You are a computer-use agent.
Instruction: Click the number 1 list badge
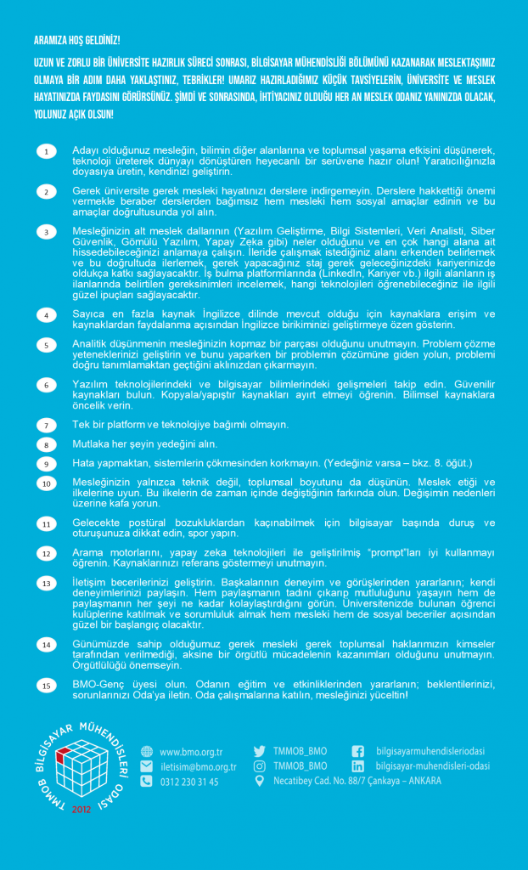47,151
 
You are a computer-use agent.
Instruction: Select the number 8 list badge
47,444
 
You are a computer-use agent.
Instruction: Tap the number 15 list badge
47,686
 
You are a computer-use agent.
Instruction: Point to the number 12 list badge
47,554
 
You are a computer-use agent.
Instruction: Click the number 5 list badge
47,345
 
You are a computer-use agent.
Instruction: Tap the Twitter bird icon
260,751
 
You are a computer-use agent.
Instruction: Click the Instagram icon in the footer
260,765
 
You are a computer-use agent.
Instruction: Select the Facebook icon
357,751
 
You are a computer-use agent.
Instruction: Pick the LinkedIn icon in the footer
357,766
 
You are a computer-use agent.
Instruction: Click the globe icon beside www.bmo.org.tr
146,752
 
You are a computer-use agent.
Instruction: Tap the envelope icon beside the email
146,767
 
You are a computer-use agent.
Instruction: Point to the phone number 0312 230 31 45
188,782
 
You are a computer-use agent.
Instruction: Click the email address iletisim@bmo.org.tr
198,767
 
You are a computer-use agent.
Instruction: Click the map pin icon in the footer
260,781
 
